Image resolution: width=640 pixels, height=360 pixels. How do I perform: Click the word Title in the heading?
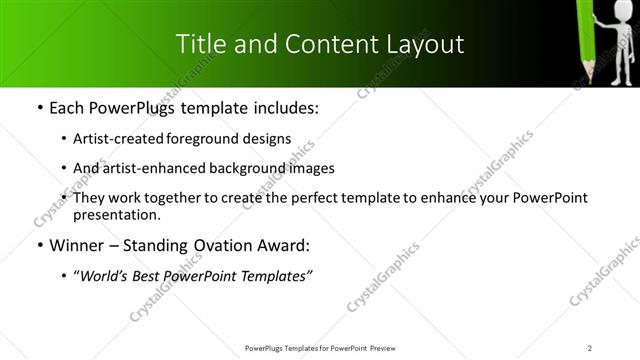tap(198, 44)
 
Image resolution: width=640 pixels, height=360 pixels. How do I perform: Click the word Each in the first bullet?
tap(66, 108)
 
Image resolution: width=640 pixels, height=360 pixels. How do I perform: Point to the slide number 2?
tap(590, 347)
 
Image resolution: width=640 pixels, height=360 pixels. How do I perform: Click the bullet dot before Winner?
tap(39, 245)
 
